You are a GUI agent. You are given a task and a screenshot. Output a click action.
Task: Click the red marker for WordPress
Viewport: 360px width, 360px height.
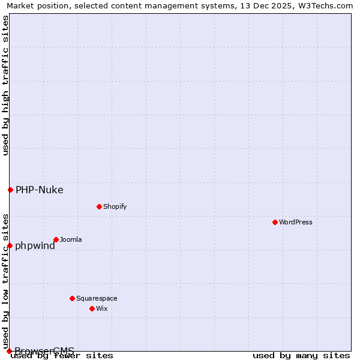pyautogui.click(x=275, y=222)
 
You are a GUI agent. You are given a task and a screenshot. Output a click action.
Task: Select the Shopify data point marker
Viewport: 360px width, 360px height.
pyautogui.click(x=99, y=206)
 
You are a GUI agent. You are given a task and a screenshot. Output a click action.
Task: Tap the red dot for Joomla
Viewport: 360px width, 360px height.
pyautogui.click(x=56, y=239)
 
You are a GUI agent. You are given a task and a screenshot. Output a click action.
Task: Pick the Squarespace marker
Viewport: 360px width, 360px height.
pyautogui.click(x=72, y=298)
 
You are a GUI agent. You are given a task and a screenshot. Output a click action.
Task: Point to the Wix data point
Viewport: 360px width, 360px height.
pyautogui.click(x=92, y=308)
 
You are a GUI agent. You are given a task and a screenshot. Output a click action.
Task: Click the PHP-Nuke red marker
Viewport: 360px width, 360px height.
pyautogui.click(x=10, y=190)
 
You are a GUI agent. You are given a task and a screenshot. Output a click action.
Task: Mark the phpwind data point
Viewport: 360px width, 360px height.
pyautogui.click(x=10, y=245)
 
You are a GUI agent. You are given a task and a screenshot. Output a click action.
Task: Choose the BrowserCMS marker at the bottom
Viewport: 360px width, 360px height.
pyautogui.click(x=9, y=351)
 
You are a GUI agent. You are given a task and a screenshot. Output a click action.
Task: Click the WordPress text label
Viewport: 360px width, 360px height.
pyautogui.click(x=296, y=222)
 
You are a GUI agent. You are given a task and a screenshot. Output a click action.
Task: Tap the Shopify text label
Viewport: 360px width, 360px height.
pyautogui.click(x=115, y=206)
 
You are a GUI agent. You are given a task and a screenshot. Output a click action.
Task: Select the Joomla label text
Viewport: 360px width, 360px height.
pyautogui.click(x=71, y=239)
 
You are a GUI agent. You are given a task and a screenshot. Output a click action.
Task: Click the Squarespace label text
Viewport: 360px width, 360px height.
pyautogui.click(x=97, y=298)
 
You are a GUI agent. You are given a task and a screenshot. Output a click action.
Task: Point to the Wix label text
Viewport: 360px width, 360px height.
pyautogui.click(x=101, y=308)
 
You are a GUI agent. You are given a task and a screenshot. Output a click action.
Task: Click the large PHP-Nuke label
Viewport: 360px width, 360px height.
pyautogui.click(x=39, y=190)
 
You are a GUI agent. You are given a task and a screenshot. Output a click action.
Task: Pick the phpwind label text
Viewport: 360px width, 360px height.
pyautogui.click(x=35, y=245)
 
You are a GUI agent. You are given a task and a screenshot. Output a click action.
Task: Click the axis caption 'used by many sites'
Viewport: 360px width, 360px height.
pyautogui.click(x=301, y=355)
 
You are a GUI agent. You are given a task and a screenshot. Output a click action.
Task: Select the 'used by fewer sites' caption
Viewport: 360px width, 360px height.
pyautogui.click(x=62, y=355)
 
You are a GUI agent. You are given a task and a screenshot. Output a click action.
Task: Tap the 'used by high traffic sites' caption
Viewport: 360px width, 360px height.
pyautogui.click(x=5, y=85)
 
